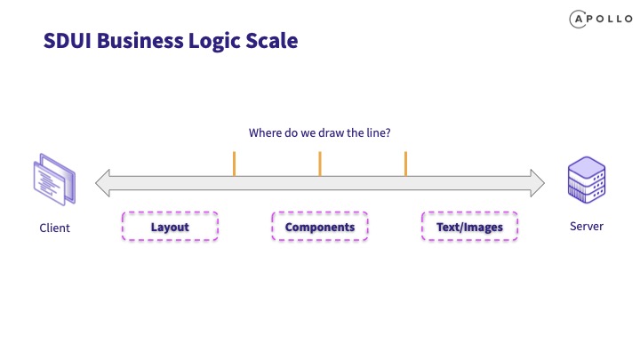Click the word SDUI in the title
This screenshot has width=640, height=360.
68,41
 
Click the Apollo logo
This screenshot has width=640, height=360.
601,20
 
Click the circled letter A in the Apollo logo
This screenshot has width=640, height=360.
578,20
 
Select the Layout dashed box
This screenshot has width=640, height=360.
170,226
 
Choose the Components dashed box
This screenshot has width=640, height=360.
320,226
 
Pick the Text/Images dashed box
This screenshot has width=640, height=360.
469,226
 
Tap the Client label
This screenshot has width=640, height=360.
55,228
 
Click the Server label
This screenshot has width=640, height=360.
587,226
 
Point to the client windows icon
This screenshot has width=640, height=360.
54,180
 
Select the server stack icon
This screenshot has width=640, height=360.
587,180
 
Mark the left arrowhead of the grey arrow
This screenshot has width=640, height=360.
102,183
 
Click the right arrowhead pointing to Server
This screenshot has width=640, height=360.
537,183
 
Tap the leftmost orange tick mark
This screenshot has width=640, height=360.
235,164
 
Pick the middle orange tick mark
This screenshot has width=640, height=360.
320,164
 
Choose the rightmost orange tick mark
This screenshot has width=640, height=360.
405,164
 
